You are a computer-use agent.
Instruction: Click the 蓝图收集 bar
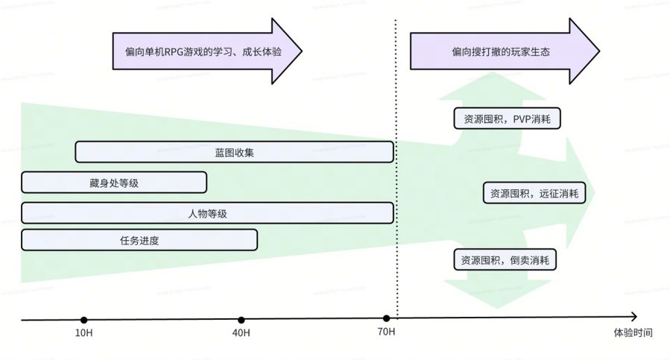click(234, 152)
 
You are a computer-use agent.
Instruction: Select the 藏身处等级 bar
click(113, 183)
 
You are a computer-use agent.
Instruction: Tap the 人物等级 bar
click(207, 213)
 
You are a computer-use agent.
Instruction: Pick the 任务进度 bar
click(139, 240)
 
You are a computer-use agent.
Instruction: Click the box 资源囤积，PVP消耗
click(507, 119)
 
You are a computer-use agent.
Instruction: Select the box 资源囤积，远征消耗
click(534, 193)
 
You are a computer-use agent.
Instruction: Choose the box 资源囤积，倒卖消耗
click(506, 260)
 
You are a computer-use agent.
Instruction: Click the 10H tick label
click(83, 332)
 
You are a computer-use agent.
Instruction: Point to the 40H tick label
click(241, 332)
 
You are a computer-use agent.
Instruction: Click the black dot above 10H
click(83, 320)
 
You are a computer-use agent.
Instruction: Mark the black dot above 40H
click(241, 320)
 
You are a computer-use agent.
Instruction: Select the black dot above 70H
click(386, 319)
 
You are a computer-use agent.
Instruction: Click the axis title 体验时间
click(633, 332)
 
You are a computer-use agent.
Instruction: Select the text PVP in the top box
click(522, 119)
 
